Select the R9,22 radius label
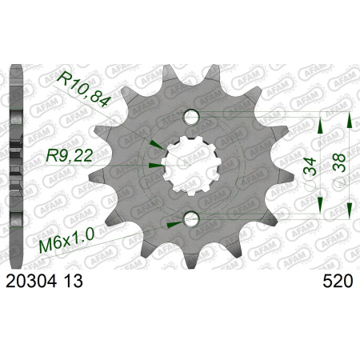(70, 155)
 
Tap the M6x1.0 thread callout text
(66, 241)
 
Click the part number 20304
(31, 282)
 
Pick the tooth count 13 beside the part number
(73, 282)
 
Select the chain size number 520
(338, 282)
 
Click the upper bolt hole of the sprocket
(192, 117)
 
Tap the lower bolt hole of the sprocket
(192, 218)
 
